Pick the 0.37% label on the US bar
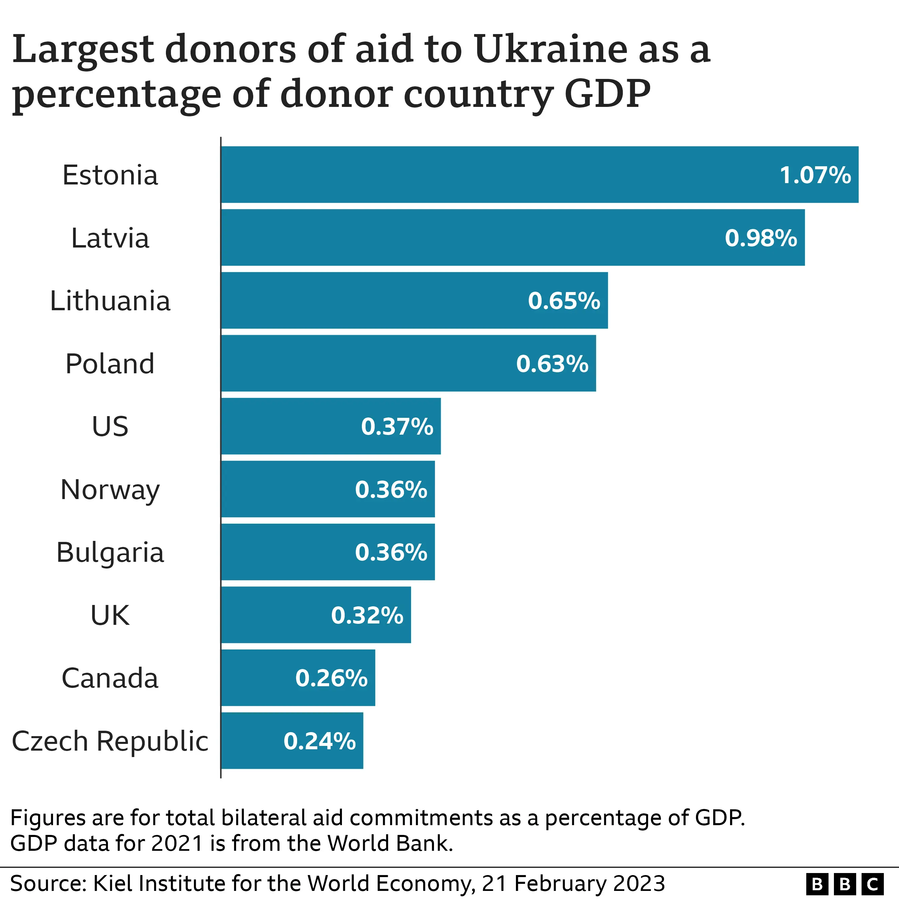click(397, 426)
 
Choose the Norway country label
click(110, 490)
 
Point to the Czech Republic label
click(110, 741)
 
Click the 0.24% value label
click(319, 741)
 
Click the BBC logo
click(845, 883)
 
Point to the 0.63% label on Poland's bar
click(552, 364)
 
